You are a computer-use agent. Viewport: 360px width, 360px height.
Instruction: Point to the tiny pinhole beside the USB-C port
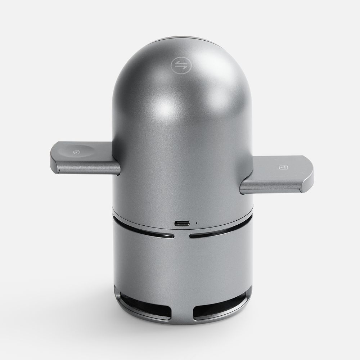[x=197, y=223]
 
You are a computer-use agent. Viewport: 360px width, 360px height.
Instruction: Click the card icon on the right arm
[x=282, y=167]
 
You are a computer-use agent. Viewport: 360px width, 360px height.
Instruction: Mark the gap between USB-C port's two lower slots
[x=182, y=237]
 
